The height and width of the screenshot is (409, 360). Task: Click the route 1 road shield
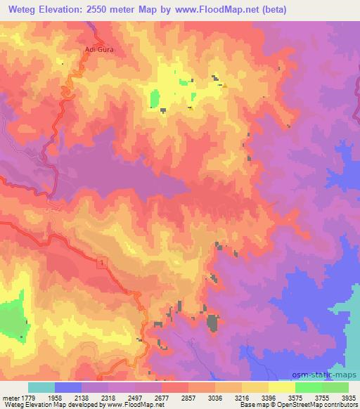pos(103,261)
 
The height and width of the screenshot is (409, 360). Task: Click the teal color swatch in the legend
pos(41,387)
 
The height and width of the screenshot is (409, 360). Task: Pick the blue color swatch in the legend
pos(68,387)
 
